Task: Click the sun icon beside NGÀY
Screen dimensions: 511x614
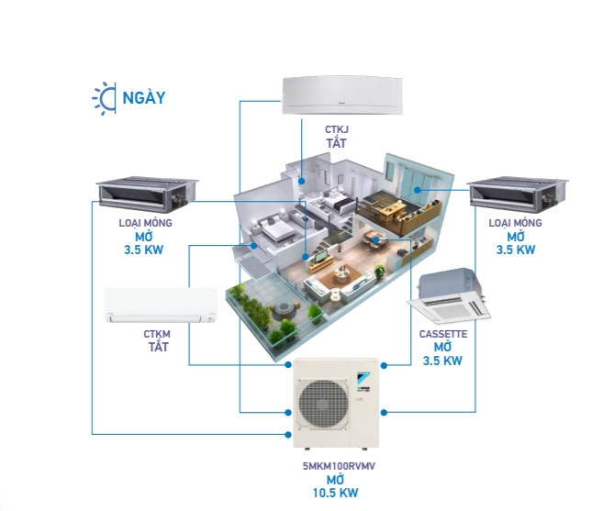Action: pos(104,97)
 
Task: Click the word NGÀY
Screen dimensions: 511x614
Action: pos(143,97)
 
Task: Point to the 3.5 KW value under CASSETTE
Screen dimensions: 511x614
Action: pos(442,361)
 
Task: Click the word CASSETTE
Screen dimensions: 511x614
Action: pos(443,334)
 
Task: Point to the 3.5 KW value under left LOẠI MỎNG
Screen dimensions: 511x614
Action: pos(145,250)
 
